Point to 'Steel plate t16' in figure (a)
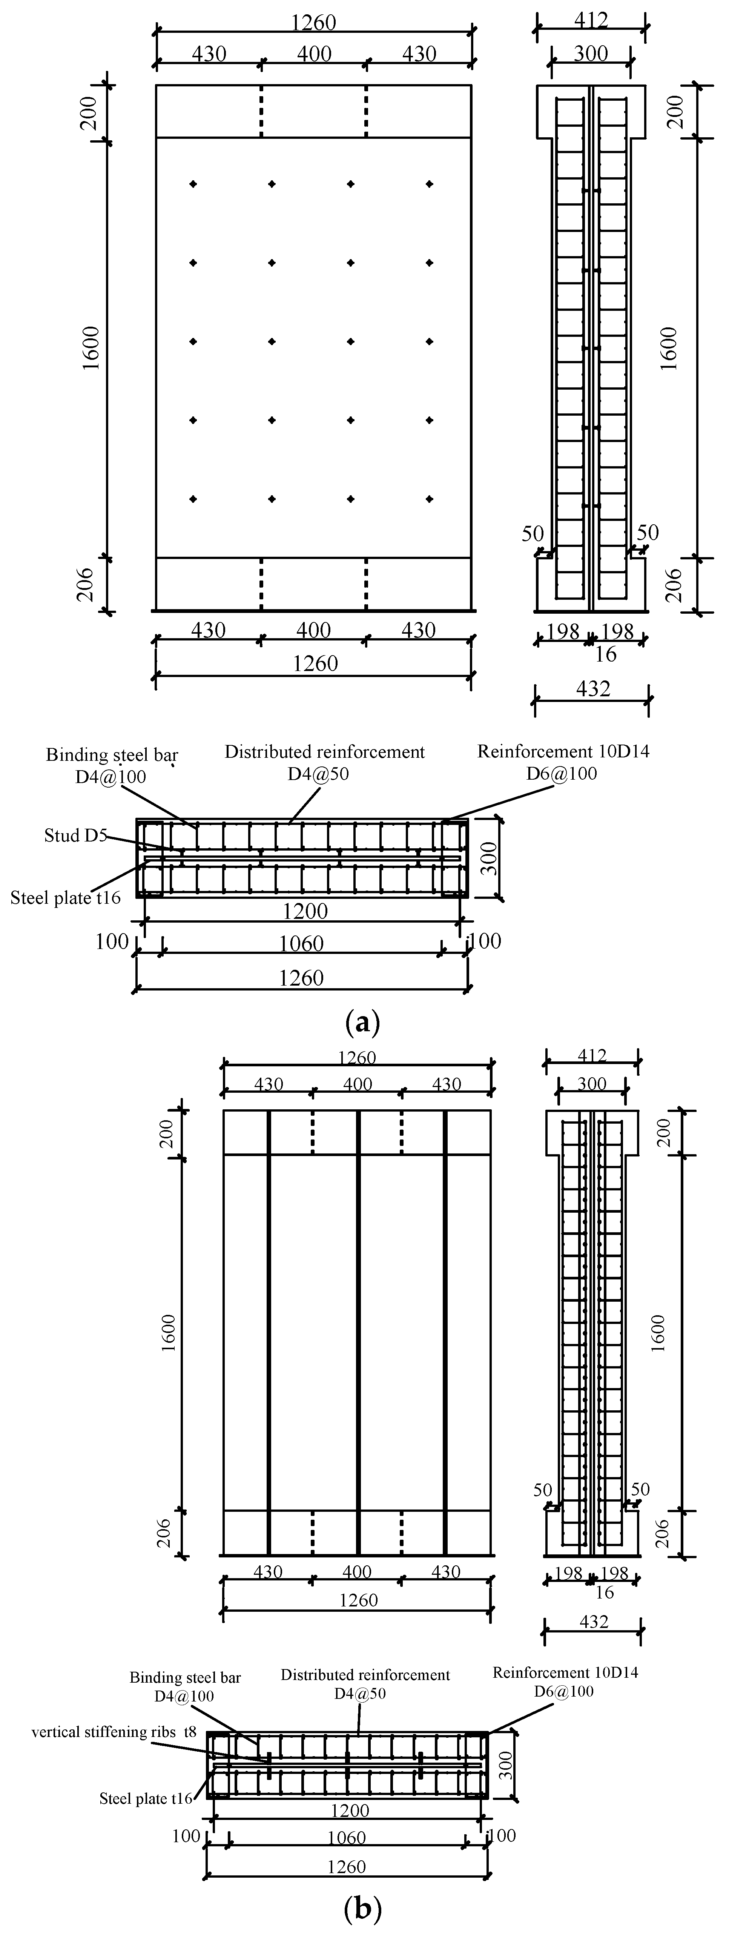pyautogui.click(x=66, y=898)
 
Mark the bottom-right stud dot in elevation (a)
pyautogui.click(x=430, y=499)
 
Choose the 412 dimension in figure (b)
pyautogui.click(x=592, y=1056)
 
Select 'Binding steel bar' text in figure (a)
pyautogui.click(x=112, y=755)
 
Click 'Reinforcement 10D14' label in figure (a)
pyautogui.click(x=563, y=752)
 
